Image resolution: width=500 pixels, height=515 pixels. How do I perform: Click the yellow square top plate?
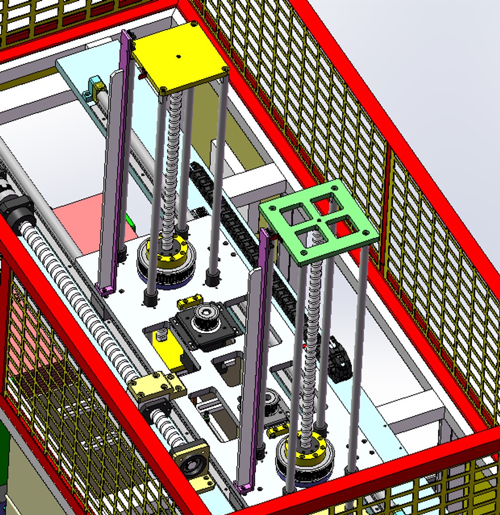(x=179, y=55)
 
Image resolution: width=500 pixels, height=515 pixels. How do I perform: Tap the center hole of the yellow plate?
(x=178, y=57)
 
